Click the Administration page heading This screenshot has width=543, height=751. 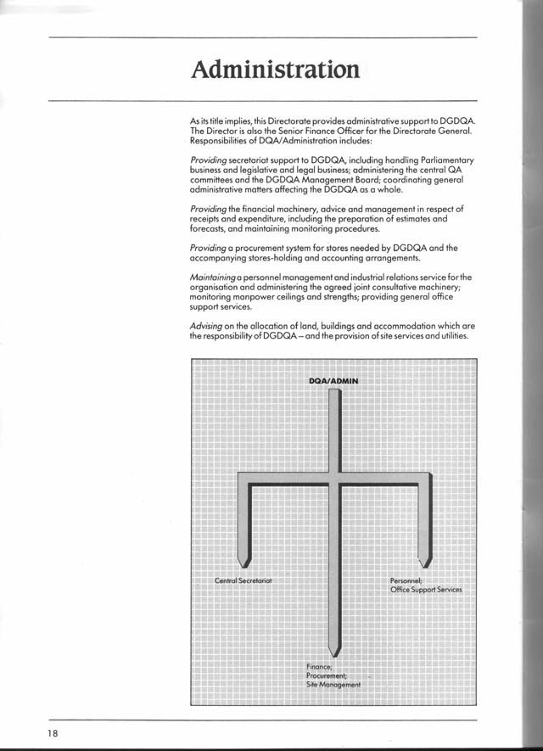click(x=275, y=69)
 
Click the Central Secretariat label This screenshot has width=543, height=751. click(x=243, y=580)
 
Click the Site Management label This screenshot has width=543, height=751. click(x=334, y=685)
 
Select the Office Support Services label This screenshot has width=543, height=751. click(x=426, y=589)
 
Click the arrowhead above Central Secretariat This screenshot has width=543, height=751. click(x=245, y=560)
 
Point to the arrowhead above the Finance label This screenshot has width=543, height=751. click(x=335, y=650)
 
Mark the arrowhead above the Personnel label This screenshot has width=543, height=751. click(x=426, y=560)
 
